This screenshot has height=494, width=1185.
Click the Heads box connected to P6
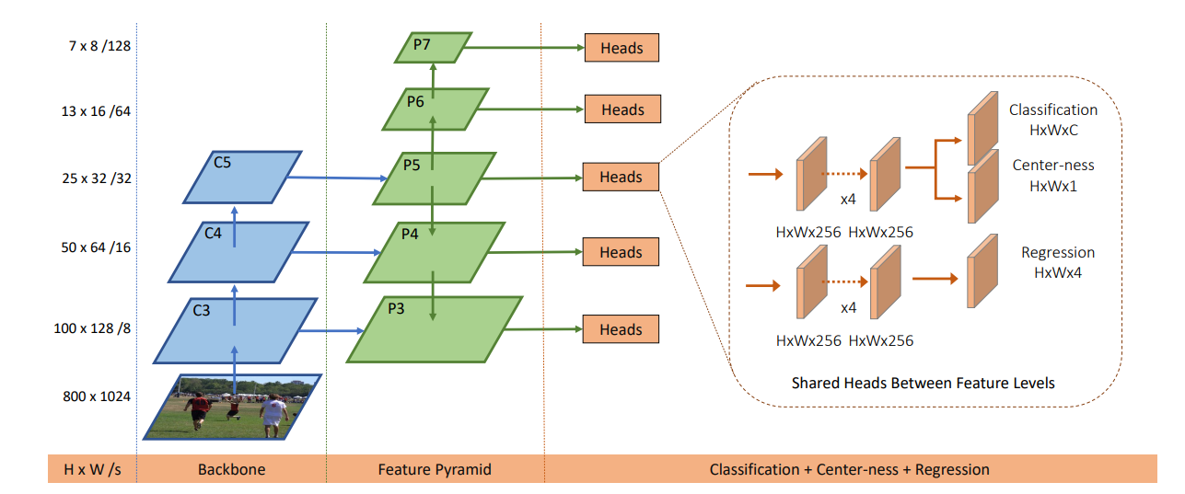tap(622, 109)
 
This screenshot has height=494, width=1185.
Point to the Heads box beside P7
tap(622, 47)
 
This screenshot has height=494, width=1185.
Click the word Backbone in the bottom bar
tap(231, 469)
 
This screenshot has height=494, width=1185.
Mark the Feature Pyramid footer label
tap(435, 469)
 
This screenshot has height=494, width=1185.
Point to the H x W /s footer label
tap(91, 469)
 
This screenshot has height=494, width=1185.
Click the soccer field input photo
tap(233, 406)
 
